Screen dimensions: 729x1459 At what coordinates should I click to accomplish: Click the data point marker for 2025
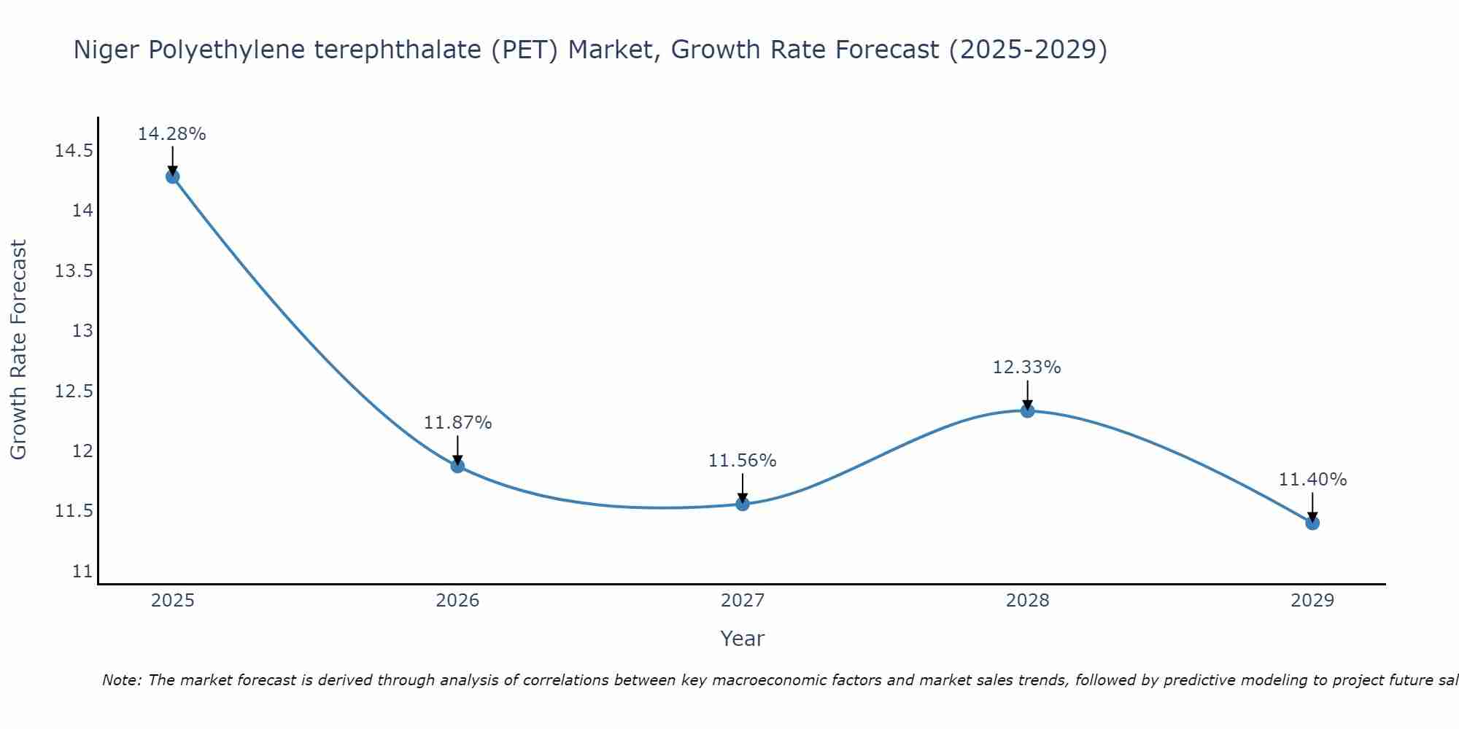pos(173,176)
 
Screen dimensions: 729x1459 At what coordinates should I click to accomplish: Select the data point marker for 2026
pos(457,466)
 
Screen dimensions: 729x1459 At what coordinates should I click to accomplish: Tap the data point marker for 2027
pos(743,503)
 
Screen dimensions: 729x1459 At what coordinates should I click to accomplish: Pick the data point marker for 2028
pos(1027,410)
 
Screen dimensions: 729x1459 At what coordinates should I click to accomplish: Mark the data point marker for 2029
pos(1312,523)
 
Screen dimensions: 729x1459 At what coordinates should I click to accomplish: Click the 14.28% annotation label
pos(172,134)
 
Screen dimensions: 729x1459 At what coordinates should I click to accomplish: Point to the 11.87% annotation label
pos(457,423)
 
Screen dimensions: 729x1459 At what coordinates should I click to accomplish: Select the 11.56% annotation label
pos(743,461)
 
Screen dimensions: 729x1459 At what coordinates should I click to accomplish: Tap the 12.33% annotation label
pos(1027,367)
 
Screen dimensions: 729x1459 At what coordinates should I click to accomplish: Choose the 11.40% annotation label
pos(1312,480)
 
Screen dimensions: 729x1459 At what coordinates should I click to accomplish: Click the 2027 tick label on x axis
pos(743,601)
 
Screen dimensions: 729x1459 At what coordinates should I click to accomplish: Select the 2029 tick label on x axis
pos(1312,601)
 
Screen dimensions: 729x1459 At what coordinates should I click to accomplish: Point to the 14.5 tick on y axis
pos(74,152)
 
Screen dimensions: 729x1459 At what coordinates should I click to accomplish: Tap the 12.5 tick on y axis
pos(74,391)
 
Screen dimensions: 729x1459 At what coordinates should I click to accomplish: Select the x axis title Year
pos(743,639)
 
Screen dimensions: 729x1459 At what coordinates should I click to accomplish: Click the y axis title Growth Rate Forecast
pos(18,350)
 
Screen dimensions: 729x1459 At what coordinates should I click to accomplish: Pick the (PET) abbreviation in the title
pos(525,50)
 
